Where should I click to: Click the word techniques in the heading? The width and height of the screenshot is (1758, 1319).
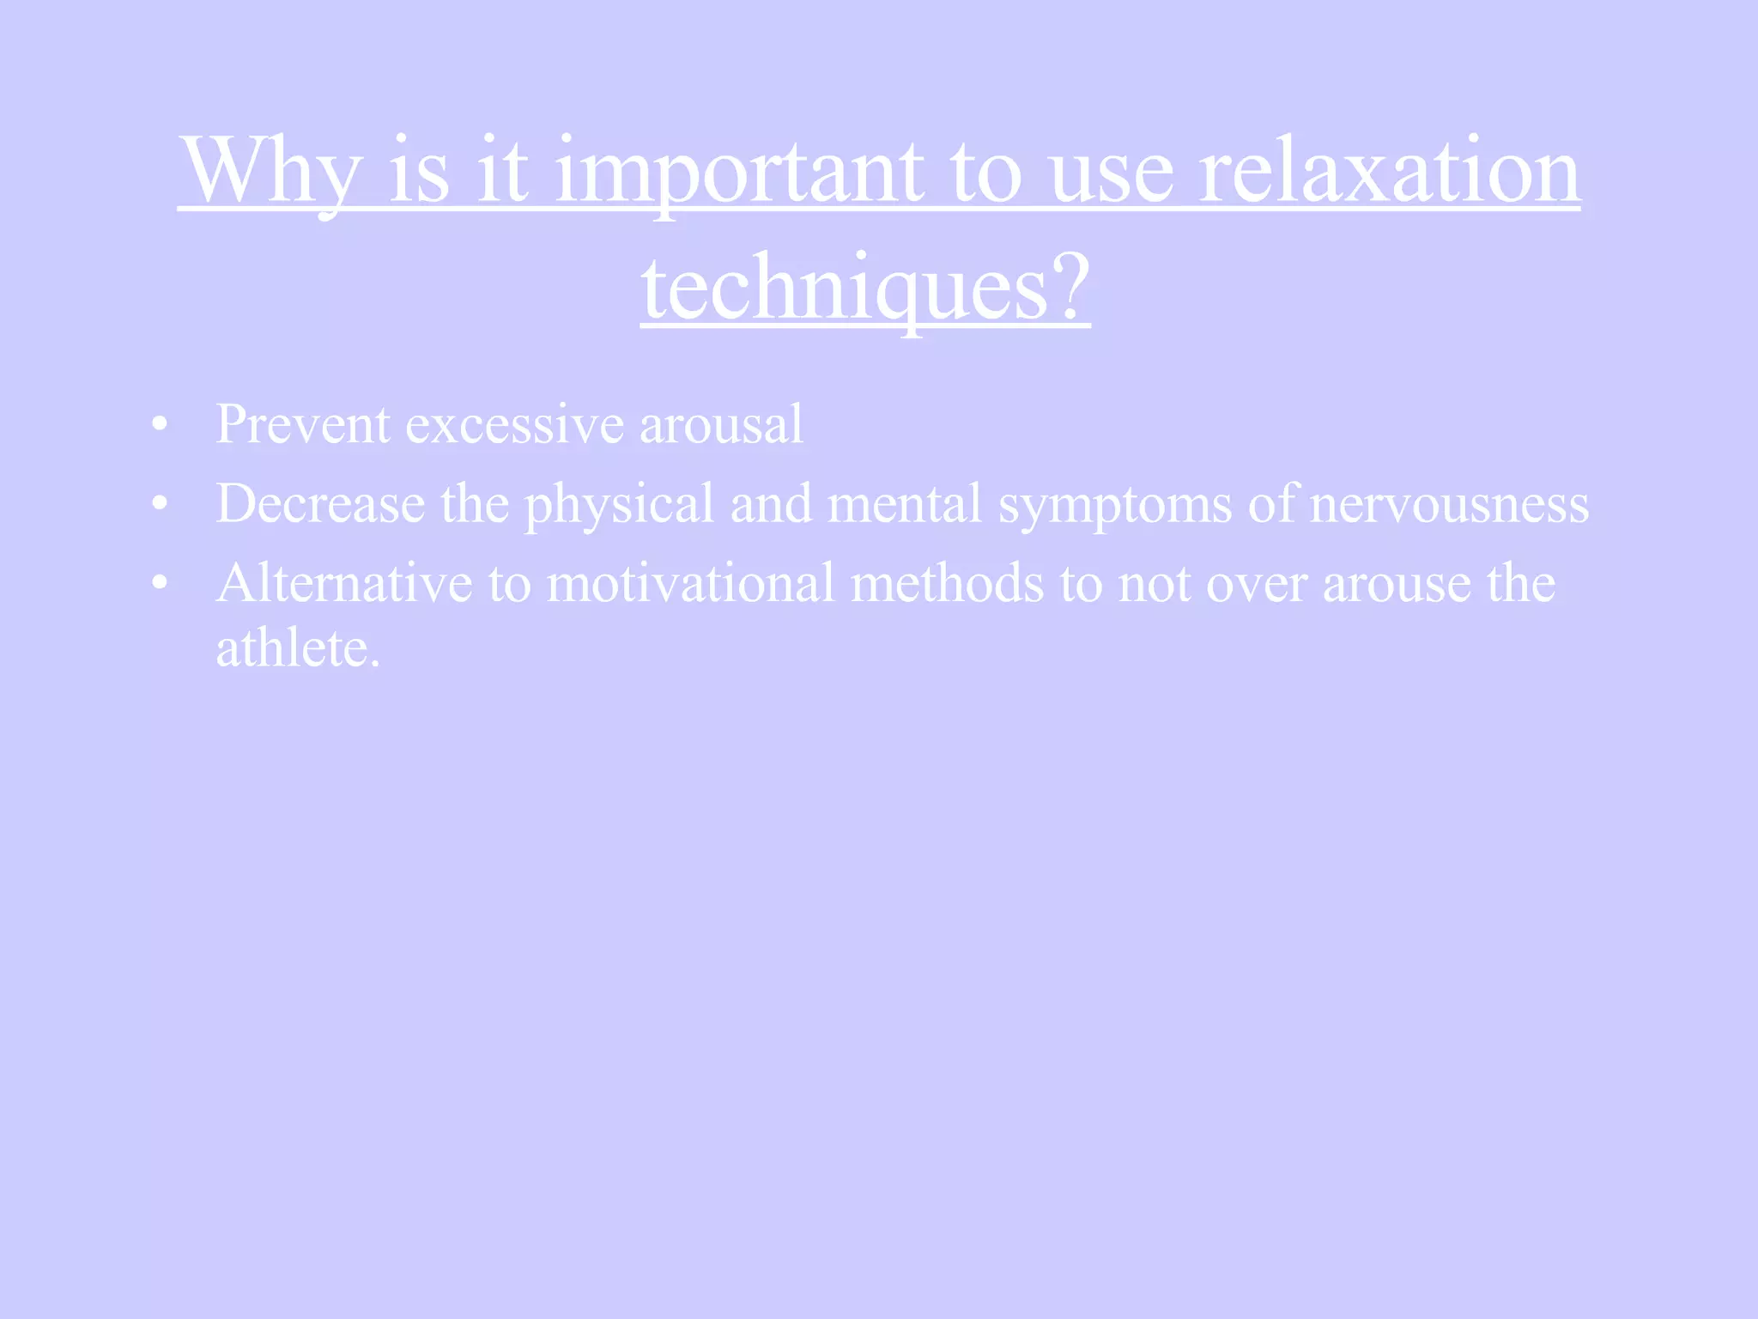[x=845, y=289]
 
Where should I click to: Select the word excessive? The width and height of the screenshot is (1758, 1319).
[x=514, y=424]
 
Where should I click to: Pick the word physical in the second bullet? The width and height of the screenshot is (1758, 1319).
[x=619, y=505]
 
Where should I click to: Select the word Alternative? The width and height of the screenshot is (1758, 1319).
[x=344, y=583]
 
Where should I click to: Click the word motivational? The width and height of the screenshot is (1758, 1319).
[x=690, y=583]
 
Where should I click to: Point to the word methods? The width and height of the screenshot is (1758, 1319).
[x=947, y=583]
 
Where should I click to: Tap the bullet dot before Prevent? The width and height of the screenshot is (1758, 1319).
[x=159, y=424]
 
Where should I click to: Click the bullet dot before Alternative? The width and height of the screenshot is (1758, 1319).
[x=159, y=583]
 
